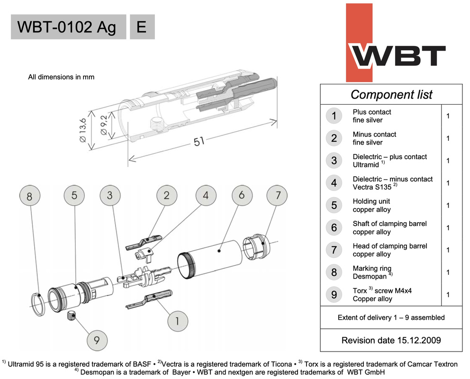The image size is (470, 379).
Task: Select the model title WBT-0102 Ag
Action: coord(66,27)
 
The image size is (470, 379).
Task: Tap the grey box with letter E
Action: coord(141,27)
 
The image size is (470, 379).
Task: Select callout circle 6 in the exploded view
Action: coord(242,195)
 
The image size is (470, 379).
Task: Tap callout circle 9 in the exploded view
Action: coord(97,340)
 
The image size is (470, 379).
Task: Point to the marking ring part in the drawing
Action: coord(37,304)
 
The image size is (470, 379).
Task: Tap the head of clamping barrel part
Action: coord(255,249)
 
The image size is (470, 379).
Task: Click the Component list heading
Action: coord(391,94)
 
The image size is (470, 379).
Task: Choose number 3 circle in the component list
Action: coord(334,161)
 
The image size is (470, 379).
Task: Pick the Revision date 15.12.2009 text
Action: coord(391,340)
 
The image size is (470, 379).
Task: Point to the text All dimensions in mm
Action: coord(61,77)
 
